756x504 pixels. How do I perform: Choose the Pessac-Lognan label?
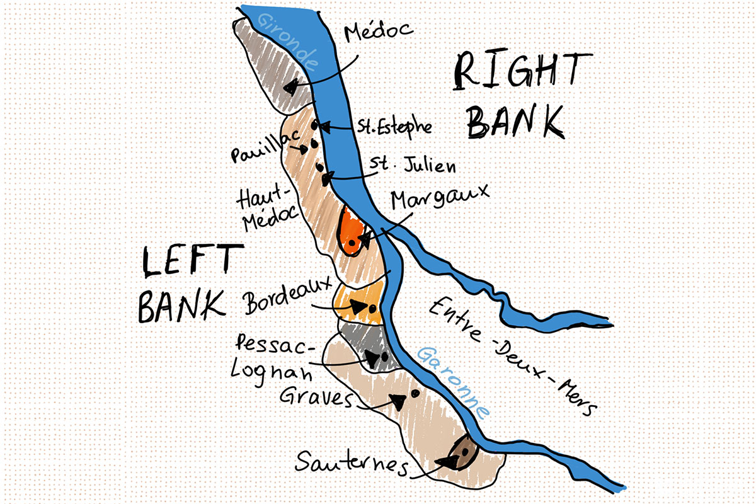tap(275, 358)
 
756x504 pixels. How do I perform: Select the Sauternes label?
tap(350, 465)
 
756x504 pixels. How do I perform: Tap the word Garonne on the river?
tap(452, 382)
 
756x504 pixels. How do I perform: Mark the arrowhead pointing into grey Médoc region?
tap(291, 88)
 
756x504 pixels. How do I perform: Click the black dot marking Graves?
tap(415, 393)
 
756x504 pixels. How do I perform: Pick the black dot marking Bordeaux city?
tap(373, 308)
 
